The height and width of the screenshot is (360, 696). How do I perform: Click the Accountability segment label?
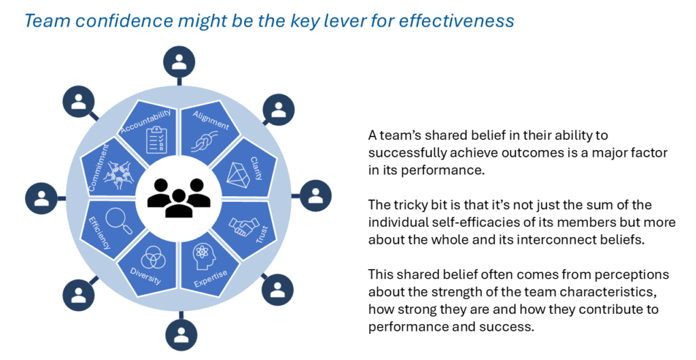tap(145, 121)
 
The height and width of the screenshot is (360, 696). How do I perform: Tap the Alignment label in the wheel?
tap(211, 120)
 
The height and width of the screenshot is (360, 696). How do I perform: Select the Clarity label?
tap(256, 168)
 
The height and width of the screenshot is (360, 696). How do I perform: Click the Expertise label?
tap(211, 278)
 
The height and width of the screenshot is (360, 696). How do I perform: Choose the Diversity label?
tap(145, 276)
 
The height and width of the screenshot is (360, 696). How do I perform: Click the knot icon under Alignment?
tap(204, 143)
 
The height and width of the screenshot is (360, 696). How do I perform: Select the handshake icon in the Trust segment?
tap(244, 226)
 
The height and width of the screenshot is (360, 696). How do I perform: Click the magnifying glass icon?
tap(119, 220)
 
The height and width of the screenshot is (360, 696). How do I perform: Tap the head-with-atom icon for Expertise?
tap(202, 256)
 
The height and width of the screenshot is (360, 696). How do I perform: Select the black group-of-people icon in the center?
tap(179, 198)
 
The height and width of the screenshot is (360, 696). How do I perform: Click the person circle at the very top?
tap(179, 62)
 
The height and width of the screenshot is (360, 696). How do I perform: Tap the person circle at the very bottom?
tap(181, 336)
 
